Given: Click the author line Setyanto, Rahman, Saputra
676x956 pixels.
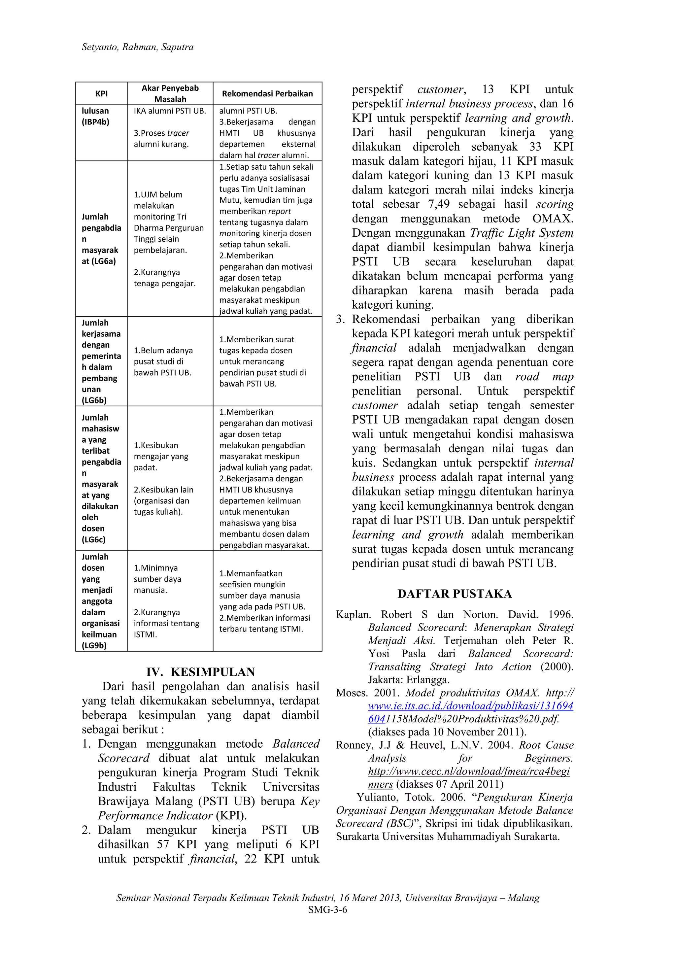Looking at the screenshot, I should [137, 47].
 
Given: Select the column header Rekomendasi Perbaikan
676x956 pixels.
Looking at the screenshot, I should [267, 94].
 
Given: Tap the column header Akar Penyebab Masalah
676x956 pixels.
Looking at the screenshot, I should [170, 94].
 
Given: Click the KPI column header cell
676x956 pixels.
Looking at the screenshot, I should [102, 94].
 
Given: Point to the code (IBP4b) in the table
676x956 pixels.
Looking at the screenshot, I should [95, 122].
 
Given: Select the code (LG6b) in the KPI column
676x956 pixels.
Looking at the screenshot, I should [94, 400].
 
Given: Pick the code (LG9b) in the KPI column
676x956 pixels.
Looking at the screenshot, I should [94, 646].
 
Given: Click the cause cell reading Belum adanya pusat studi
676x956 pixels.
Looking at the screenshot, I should [163, 361].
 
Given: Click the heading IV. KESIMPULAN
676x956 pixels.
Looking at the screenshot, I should [200, 672].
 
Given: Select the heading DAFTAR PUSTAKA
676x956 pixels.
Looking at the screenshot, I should [455, 594].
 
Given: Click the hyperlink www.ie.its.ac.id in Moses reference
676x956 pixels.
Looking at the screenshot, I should [470, 706].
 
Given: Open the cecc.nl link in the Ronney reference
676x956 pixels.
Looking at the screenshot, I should [469, 771].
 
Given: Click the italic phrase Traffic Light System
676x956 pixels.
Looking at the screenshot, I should [522, 233].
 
